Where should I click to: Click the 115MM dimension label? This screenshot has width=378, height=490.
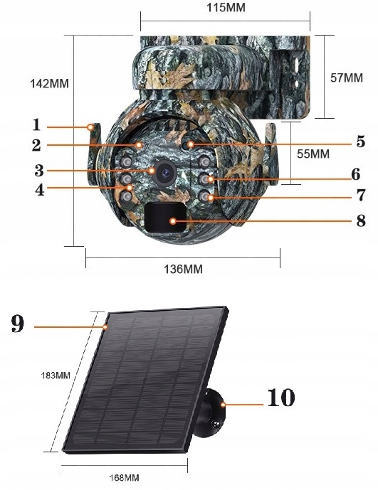point(226,7)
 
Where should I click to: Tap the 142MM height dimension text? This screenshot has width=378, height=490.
point(49,83)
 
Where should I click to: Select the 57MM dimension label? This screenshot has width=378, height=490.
point(347,78)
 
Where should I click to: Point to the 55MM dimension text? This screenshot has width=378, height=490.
point(313,154)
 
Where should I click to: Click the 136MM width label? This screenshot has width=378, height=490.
point(184,269)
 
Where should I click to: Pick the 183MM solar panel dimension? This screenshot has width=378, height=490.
point(56,375)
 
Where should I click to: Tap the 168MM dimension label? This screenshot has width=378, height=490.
point(125,477)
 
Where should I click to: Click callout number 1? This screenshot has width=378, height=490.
point(36,124)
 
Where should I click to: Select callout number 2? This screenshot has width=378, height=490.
point(36,145)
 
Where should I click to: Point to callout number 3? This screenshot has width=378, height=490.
point(39,171)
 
